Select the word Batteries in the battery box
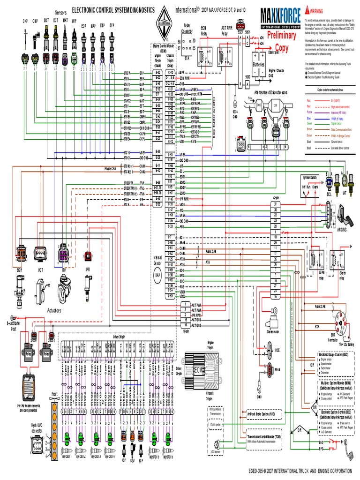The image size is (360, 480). click(259, 64)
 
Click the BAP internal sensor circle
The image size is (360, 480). click(157, 275)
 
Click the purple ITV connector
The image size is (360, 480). click(63, 253)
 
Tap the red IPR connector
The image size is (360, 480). click(88, 255)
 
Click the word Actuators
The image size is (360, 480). click(54, 310)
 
